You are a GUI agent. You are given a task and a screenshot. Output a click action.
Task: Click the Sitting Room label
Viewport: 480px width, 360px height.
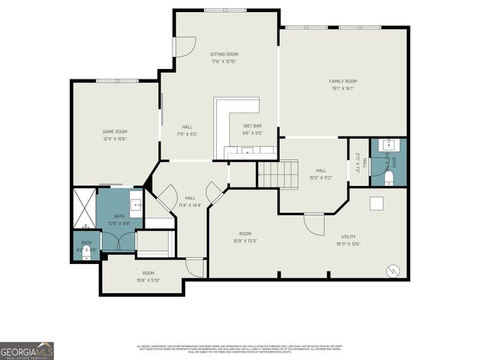[223, 55]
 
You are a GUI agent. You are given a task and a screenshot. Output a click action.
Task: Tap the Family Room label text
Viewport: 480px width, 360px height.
[342, 81]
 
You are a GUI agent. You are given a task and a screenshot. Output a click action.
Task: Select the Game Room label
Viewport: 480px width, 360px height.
[115, 131]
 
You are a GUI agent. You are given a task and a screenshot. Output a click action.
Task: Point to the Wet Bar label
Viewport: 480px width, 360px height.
[252, 125]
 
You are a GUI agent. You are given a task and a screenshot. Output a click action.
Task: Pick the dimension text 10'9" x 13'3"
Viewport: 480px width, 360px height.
[244, 241]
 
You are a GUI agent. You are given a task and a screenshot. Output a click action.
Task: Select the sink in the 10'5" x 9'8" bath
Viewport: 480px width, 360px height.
[136, 203]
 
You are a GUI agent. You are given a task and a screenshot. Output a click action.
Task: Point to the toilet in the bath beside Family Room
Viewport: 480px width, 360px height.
[388, 177]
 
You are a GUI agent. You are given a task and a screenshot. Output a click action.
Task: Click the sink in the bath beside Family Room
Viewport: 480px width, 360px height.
[388, 145]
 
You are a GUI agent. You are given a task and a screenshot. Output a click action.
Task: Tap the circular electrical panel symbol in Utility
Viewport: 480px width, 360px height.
[391, 271]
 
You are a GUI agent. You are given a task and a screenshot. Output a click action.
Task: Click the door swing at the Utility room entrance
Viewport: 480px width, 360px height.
[313, 223]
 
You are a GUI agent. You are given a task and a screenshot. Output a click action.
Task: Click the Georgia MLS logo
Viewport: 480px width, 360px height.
[27, 351]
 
